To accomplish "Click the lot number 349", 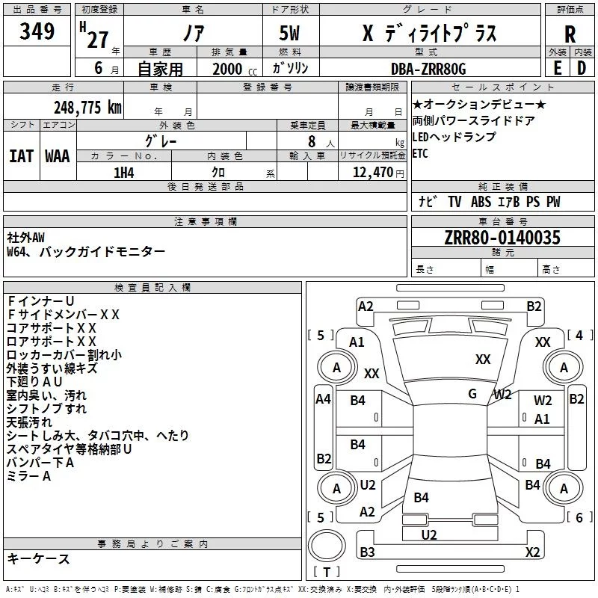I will pyautogui.click(x=37, y=31).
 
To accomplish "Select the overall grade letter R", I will pyautogui.click(x=570, y=34).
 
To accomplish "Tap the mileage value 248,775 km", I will pyautogui.click(x=87, y=107).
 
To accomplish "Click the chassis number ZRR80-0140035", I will pyautogui.click(x=502, y=238).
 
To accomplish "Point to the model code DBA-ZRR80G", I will pyautogui.click(x=428, y=69).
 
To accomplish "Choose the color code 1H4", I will pyautogui.click(x=124, y=172).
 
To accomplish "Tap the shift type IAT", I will pyautogui.click(x=21, y=155).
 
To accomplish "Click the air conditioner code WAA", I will pyautogui.click(x=58, y=155).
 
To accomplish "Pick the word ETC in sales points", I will pyautogui.click(x=421, y=154).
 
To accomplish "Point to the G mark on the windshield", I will pyautogui.click(x=472, y=394).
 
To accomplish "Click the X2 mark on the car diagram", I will pyautogui.click(x=533, y=552).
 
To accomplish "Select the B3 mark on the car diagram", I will pyautogui.click(x=367, y=552).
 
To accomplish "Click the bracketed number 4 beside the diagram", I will pyautogui.click(x=579, y=336).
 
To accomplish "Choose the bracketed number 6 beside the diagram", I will pyautogui.click(x=579, y=517).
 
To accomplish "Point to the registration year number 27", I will pyautogui.click(x=98, y=39).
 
